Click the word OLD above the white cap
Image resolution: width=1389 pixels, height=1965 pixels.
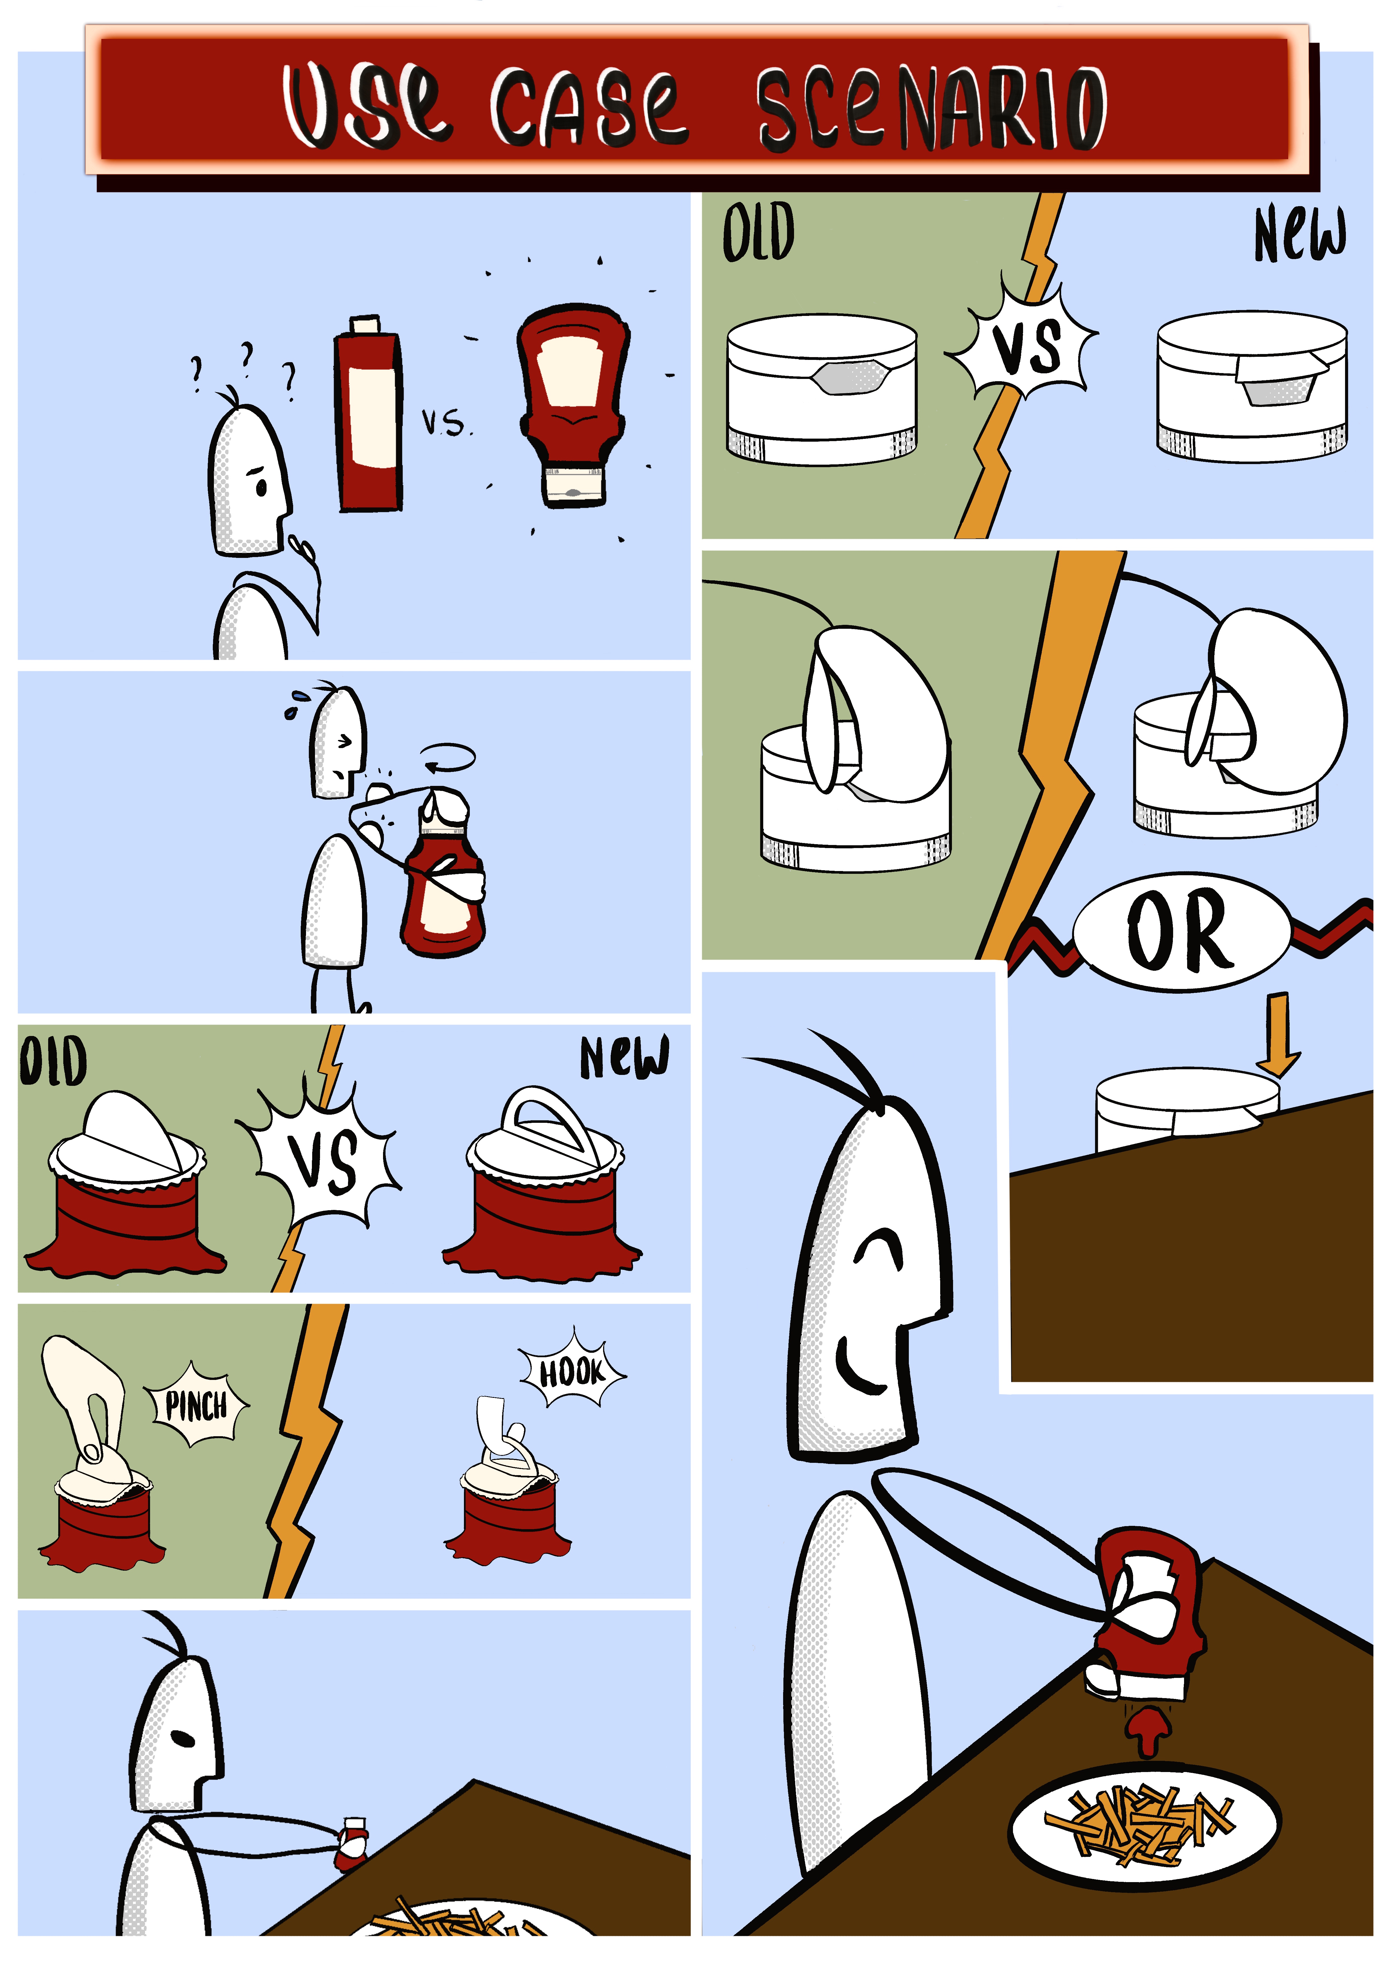pyautogui.click(x=758, y=233)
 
